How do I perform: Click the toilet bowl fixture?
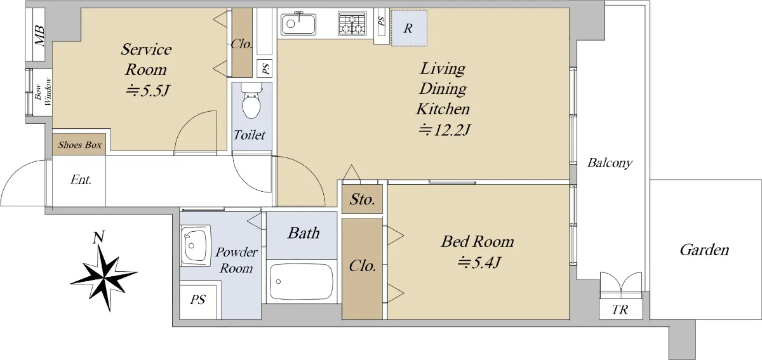pos(251,101)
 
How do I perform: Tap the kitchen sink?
pos(298,24)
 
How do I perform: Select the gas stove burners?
pos(352,23)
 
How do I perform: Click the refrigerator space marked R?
pos(409,28)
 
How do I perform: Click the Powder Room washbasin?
pos(196,245)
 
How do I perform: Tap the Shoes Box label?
pos(79,145)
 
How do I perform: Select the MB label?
pos(40,36)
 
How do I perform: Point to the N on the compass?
pos(98,237)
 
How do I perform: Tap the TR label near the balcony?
pos(620,310)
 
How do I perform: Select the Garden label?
pos(704,250)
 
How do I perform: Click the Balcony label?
pos(610,163)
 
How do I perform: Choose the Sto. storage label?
pos(363,199)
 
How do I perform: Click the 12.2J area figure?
pos(444,130)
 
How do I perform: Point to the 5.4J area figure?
pos(479,262)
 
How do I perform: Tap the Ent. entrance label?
pos(81,179)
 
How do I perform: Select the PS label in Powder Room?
pos(197,300)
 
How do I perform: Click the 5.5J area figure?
pos(147,91)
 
